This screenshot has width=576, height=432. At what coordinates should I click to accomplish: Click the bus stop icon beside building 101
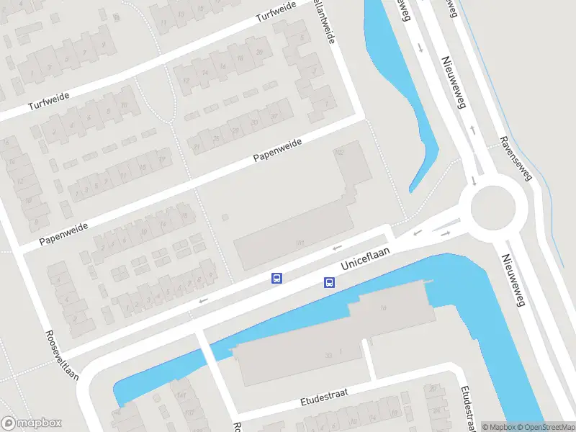click(276, 278)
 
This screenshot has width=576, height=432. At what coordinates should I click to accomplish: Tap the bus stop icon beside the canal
click(329, 282)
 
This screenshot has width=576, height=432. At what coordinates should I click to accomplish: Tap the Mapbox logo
click(32, 423)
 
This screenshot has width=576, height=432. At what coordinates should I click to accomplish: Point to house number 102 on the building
click(340, 153)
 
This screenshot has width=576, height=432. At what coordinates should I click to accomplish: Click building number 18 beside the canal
click(383, 307)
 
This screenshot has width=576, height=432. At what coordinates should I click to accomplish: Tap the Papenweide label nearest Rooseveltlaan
click(63, 232)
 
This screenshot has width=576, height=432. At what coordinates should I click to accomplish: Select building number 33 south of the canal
click(328, 354)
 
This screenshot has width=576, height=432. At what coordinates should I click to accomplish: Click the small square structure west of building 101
click(225, 217)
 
